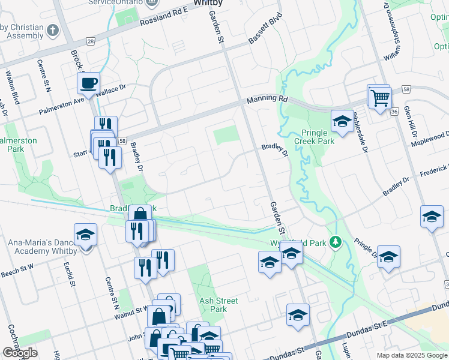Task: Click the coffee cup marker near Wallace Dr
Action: pyautogui.click(x=89, y=83)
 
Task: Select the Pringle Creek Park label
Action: pyautogui.click(x=313, y=137)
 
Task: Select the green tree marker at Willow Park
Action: pyautogui.click(x=337, y=242)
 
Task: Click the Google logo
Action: pyautogui.click(x=20, y=353)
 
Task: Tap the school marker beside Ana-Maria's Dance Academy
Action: pyautogui.click(x=85, y=235)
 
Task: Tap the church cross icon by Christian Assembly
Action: pyautogui.click(x=53, y=30)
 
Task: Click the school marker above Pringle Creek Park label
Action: pyautogui.click(x=342, y=122)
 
